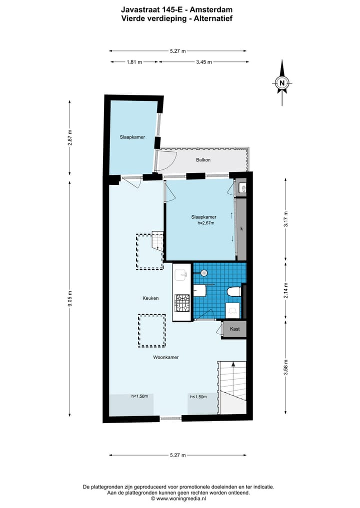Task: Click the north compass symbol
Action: click(282, 83)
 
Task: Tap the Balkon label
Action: click(203, 160)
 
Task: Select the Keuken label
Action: click(150, 298)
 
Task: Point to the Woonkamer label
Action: click(166, 357)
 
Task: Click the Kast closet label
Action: click(234, 329)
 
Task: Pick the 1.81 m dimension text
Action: click(134, 62)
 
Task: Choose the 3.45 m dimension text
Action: click(203, 62)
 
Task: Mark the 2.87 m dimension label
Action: click(70, 137)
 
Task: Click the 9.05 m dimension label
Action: click(70, 299)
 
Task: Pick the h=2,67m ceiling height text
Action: click(205, 223)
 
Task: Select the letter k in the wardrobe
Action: click(241, 228)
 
